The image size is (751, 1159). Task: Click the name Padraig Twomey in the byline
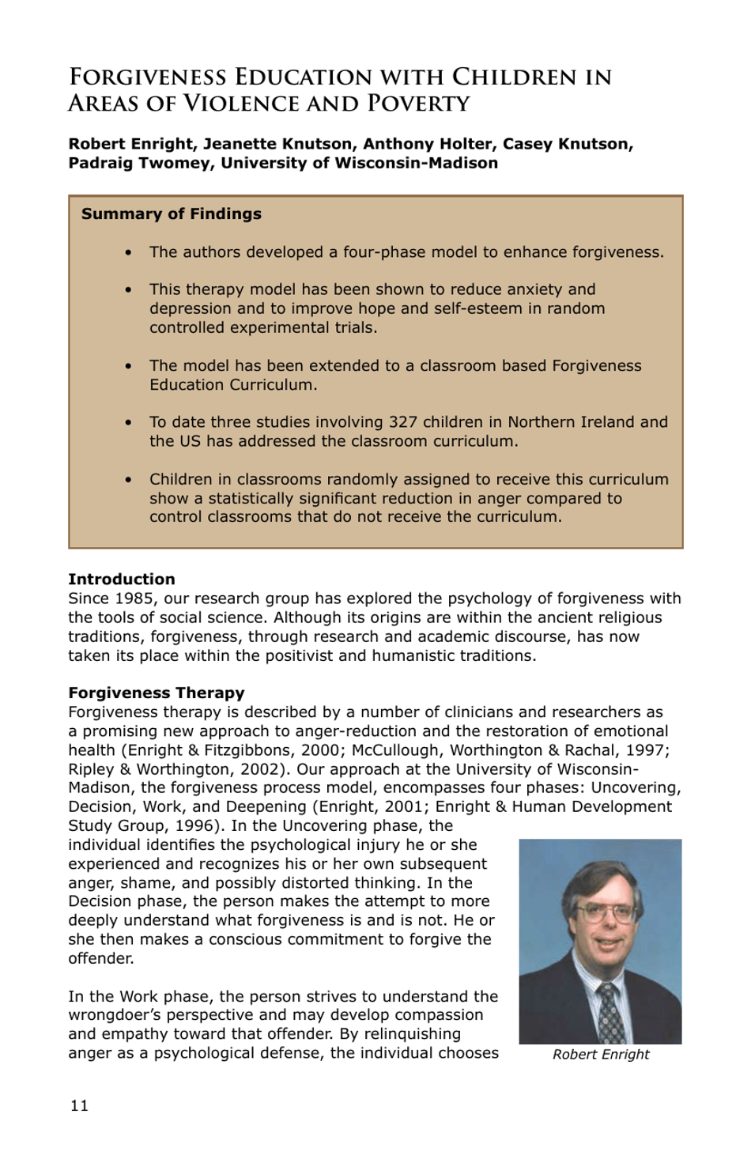pos(138,163)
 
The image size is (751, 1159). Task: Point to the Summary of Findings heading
pos(171,213)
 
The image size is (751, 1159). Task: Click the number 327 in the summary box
pos(403,422)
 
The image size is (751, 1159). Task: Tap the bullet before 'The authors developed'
pos(128,253)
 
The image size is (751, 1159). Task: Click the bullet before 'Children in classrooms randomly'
pos(128,480)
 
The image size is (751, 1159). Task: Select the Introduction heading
pos(121,579)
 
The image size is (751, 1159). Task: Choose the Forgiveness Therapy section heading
pos(156,693)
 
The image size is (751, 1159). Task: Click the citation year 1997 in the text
pos(647,749)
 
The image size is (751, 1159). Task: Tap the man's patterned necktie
pos(610,1012)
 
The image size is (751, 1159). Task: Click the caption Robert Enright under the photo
pos(600,1055)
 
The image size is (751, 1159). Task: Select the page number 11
pos(79,1105)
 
